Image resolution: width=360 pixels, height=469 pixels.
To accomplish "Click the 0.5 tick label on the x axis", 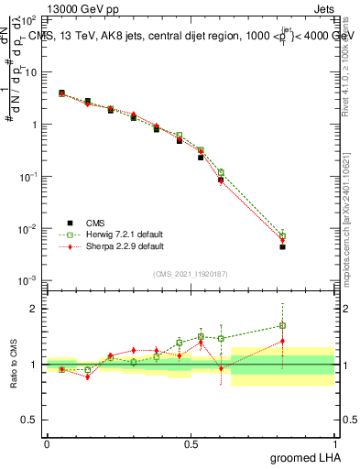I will tap(191, 444).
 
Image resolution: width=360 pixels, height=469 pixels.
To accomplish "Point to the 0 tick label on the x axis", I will tap(47, 444).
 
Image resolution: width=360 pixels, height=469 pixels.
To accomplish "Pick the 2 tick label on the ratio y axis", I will tap(36, 309).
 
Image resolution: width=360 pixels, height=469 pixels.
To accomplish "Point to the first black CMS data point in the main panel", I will tap(61, 93).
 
